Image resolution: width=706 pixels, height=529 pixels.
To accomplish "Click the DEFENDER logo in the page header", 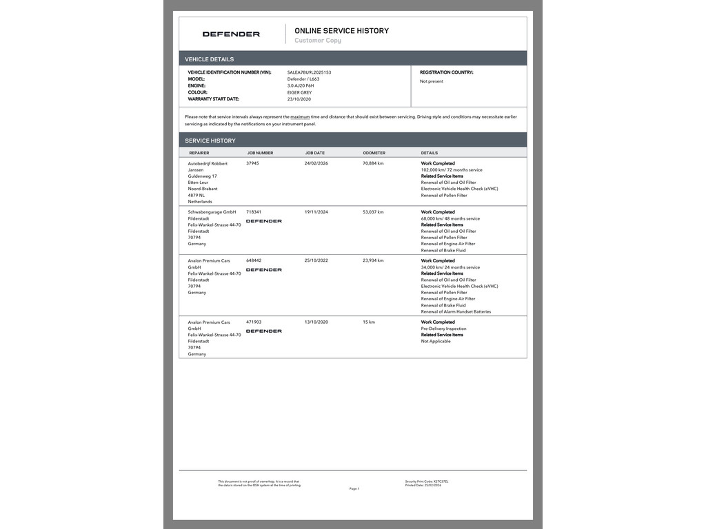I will [x=231, y=34].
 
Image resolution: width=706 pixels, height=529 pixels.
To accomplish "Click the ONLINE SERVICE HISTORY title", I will [x=341, y=31].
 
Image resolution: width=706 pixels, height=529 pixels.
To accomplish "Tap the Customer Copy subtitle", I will [x=318, y=41].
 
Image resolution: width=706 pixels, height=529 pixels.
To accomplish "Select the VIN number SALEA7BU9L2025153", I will [x=309, y=72].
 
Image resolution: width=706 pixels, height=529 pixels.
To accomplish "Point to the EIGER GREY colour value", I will [x=299, y=92].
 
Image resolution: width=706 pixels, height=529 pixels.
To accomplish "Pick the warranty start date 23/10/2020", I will [x=299, y=99].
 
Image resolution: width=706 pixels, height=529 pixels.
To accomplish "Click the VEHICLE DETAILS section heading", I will [x=209, y=59].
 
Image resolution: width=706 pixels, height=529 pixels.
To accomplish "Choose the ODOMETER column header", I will [x=374, y=153].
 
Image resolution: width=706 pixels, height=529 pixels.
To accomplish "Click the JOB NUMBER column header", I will [x=260, y=153].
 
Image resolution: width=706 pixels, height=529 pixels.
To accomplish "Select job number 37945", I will [x=252, y=163].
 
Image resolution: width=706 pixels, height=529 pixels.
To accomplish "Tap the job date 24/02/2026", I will [x=316, y=163].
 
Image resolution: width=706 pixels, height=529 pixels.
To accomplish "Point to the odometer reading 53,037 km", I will [x=373, y=212].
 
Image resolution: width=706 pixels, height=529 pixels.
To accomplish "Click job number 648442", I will [x=254, y=261].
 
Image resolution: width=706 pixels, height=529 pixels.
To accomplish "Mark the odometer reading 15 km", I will [x=369, y=322].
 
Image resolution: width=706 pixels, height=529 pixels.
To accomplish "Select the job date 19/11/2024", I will [x=316, y=212].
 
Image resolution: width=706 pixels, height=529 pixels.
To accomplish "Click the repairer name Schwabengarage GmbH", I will [x=212, y=212].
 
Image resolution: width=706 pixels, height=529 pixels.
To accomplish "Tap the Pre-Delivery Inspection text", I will [x=443, y=329].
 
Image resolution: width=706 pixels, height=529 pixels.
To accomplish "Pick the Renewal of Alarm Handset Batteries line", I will [x=456, y=312].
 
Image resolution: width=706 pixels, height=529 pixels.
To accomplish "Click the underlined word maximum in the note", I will [x=300, y=117].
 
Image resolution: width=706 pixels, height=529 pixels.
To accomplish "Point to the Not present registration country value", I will [x=432, y=81].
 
